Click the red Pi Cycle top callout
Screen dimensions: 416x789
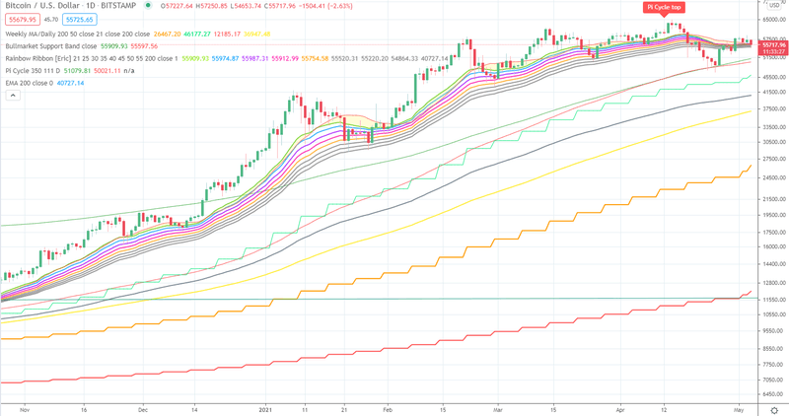pos(664,7)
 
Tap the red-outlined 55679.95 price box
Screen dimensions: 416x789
pos(21,19)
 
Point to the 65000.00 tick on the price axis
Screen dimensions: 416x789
pos(770,20)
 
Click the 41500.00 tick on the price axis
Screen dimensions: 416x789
pos(770,92)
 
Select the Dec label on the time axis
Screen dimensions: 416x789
pos(143,407)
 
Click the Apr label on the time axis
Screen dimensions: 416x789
pos(620,407)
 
